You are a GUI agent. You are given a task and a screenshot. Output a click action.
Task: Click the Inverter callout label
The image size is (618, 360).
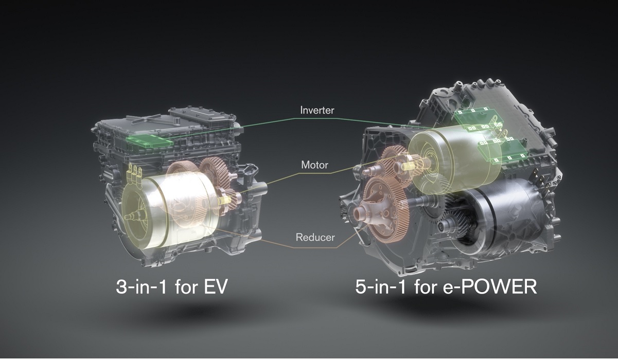[317, 110]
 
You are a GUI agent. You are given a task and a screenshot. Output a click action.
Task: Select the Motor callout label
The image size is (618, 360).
[314, 165]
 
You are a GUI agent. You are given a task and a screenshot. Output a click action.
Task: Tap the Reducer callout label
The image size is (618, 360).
[315, 237]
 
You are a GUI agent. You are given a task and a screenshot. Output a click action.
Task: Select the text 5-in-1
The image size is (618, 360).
[380, 287]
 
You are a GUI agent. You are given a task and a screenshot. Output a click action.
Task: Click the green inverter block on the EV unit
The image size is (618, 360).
[150, 141]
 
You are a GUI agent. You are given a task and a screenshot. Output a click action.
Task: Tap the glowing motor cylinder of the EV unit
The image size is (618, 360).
[169, 212]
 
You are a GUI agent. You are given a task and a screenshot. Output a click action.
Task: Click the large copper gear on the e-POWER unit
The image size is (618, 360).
[386, 209]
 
